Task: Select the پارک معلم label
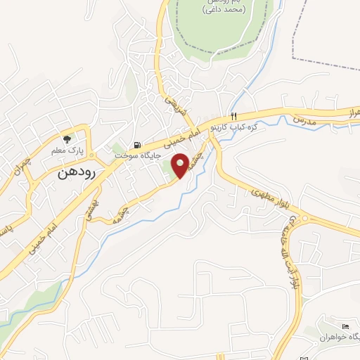click(67, 150)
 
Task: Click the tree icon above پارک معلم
click(67, 139)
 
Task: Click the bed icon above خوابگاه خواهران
click(344, 327)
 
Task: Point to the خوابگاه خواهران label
click(338, 338)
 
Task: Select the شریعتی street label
click(174, 105)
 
